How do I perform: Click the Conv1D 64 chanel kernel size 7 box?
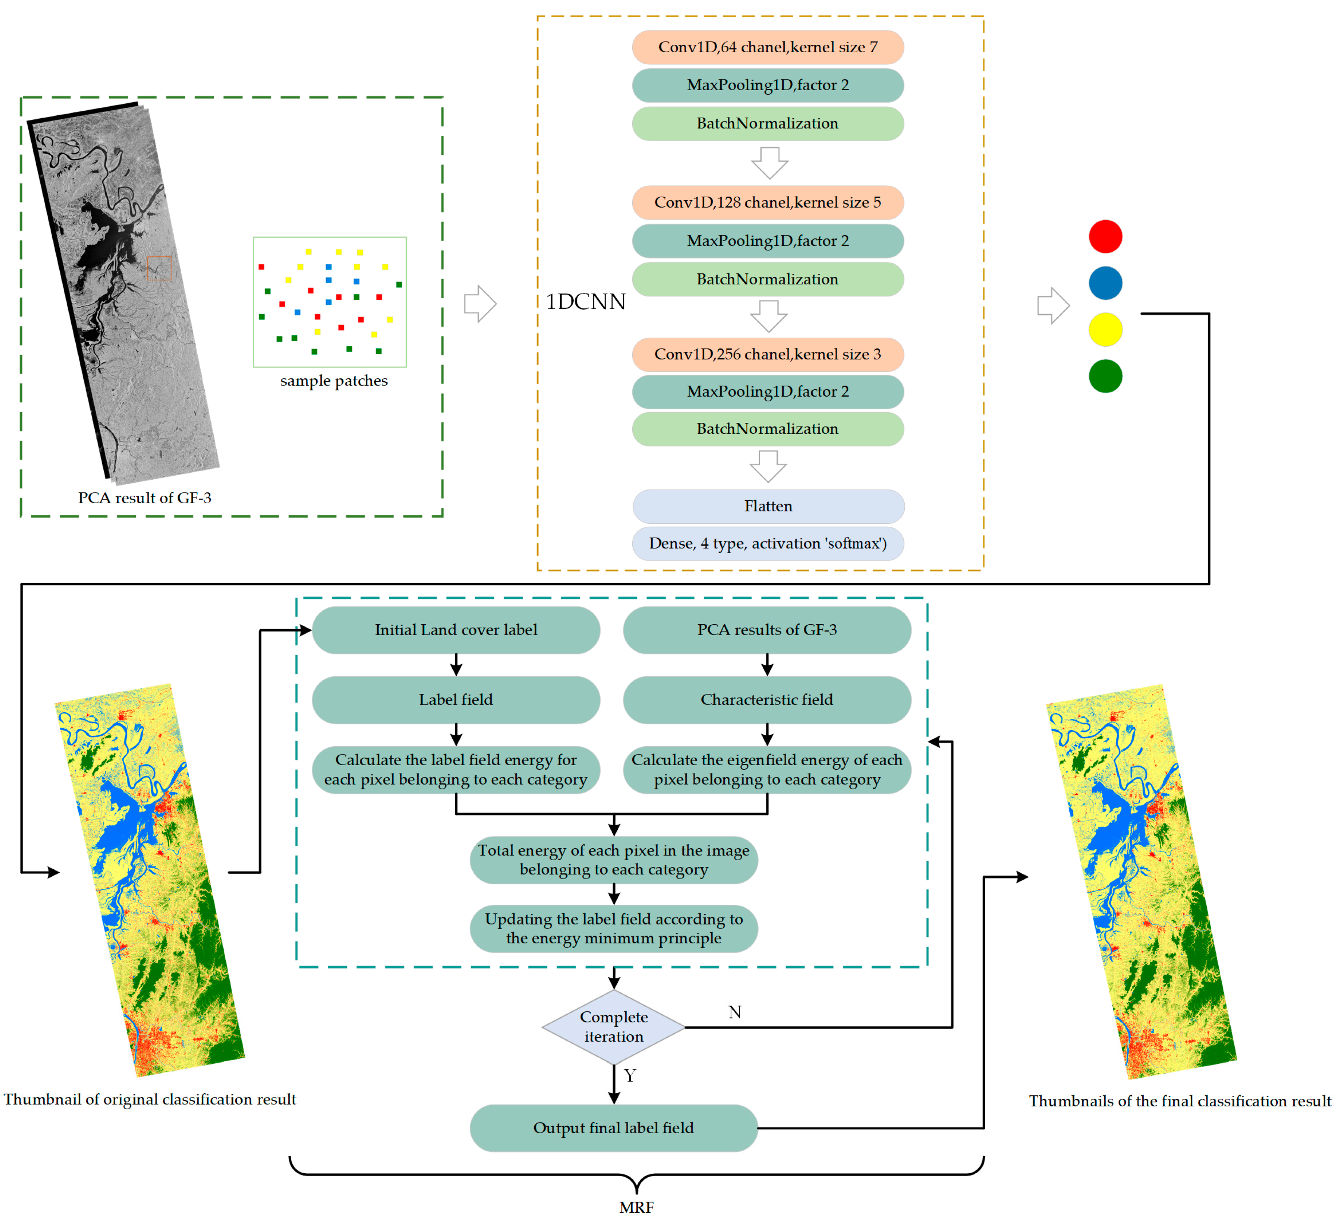pos(767,47)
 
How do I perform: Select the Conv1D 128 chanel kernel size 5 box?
pos(767,203)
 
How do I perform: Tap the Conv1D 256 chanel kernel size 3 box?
pos(767,354)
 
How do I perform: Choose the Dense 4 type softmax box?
pos(767,544)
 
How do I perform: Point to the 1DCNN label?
pos(585,302)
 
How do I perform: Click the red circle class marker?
pos(1105,236)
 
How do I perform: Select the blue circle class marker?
pos(1105,283)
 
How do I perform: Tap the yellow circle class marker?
pos(1105,329)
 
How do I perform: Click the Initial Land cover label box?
pos(456,630)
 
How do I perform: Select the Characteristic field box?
pos(767,700)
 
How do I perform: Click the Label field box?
pos(456,700)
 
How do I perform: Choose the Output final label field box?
pos(613,1128)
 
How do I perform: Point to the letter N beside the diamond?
pos(734,1012)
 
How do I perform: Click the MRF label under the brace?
pos(636,1207)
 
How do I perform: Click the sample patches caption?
pos(334,381)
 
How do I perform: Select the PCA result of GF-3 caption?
pos(144,498)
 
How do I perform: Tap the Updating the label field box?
pos(613,928)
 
